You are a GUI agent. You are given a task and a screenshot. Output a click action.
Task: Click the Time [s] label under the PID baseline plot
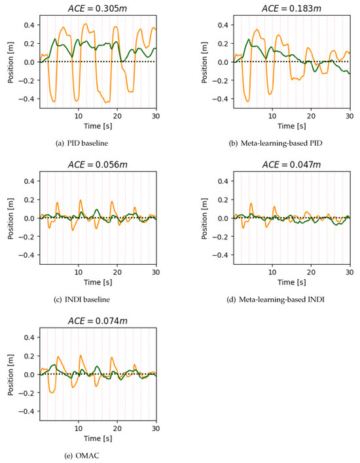pos(98,124)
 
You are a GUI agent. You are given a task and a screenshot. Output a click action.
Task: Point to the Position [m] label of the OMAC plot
pos(11,374)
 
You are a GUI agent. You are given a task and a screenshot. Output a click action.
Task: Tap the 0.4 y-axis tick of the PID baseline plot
pos(29,25)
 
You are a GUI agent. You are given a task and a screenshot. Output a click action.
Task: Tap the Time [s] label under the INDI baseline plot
pos(98,281)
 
